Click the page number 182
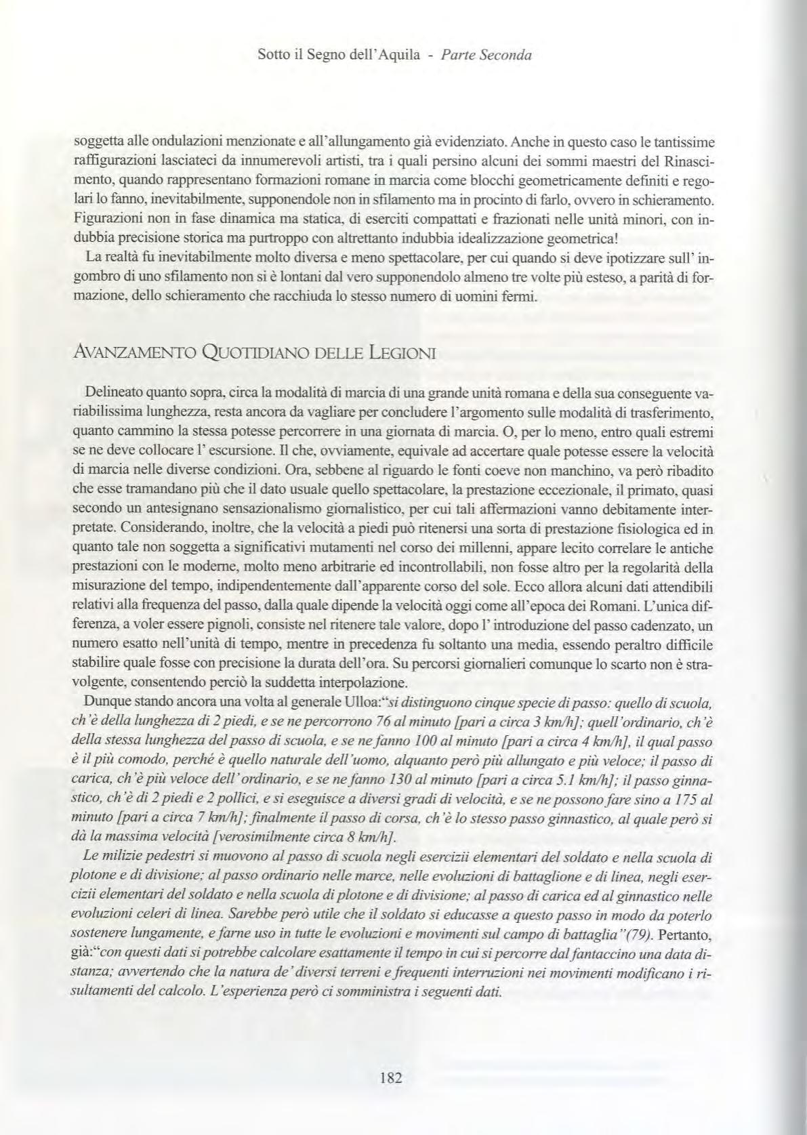tap(391, 1077)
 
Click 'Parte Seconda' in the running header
tap(486, 55)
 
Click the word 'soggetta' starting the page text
tap(100, 142)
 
